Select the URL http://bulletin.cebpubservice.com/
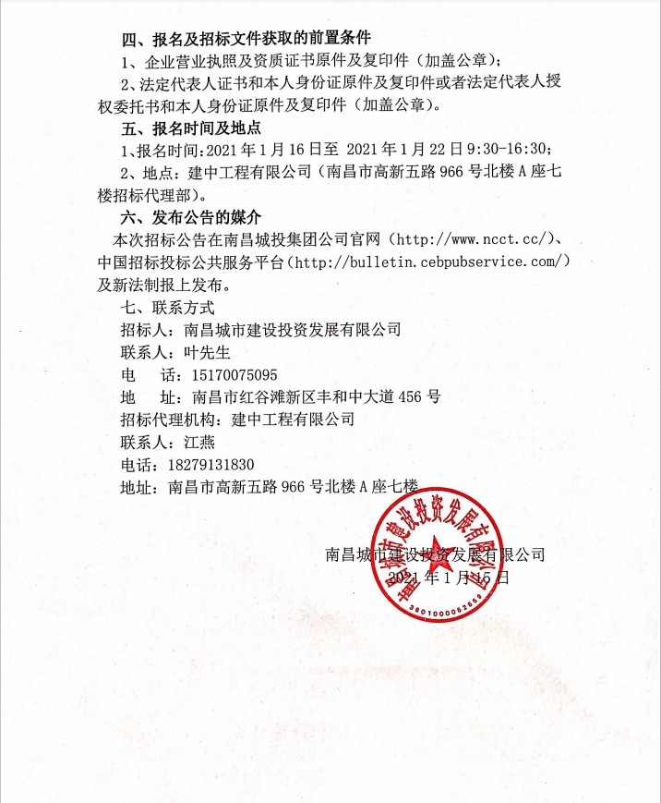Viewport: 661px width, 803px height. click(x=428, y=262)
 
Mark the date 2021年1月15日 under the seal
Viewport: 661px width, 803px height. click(x=449, y=578)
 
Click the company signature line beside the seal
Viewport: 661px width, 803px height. click(x=435, y=555)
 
